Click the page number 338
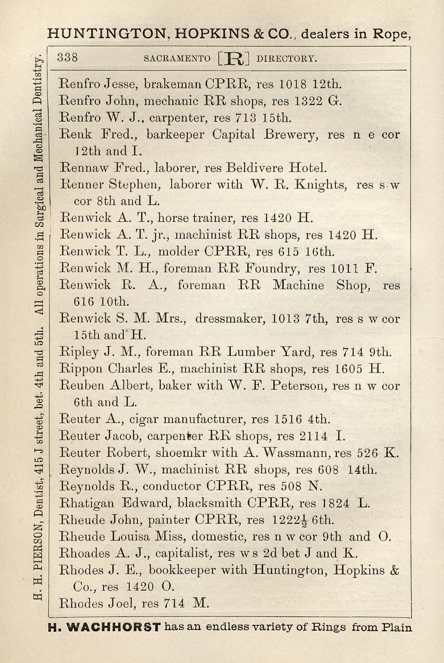(68, 57)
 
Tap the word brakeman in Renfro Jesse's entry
(173, 85)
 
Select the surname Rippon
(81, 369)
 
